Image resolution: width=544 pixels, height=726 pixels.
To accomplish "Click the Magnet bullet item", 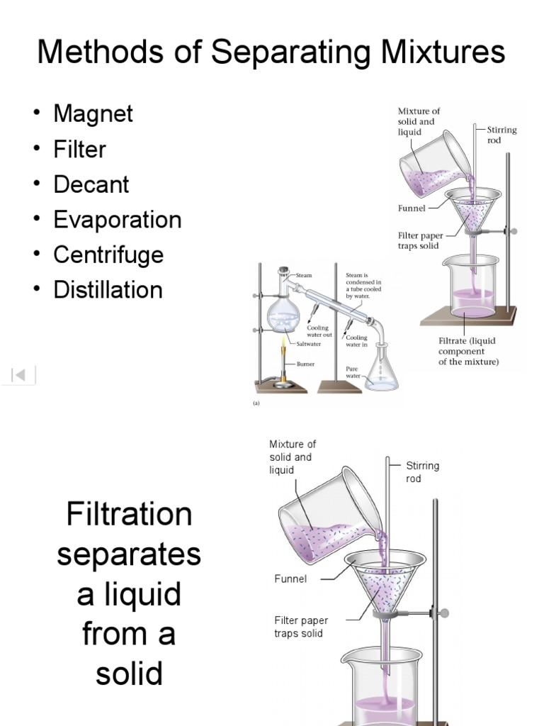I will (x=93, y=114).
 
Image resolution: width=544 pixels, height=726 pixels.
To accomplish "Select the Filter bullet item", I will (x=79, y=150).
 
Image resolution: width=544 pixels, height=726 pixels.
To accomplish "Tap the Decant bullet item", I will (x=91, y=184).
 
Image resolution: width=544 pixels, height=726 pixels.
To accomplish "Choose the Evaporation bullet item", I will (x=117, y=220).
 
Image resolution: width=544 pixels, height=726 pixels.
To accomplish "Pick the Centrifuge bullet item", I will (x=108, y=255).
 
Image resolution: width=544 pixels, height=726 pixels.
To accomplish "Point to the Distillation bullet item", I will (x=108, y=290).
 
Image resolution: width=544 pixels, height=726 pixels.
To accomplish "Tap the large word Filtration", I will (x=129, y=514).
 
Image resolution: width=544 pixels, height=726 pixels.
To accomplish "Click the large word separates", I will (x=129, y=554).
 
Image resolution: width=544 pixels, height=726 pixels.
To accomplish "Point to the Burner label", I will (x=305, y=364).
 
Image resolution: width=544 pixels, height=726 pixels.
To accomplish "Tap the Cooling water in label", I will (x=356, y=341).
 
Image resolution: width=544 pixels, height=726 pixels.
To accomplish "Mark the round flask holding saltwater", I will (x=283, y=316).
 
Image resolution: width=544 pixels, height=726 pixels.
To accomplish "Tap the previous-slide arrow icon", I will (x=20, y=375).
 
